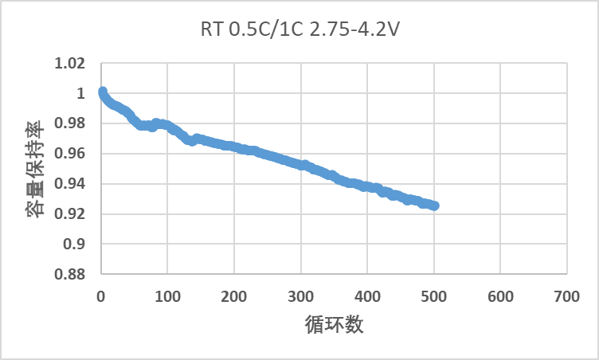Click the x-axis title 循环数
[333, 326]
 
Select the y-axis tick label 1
[81, 94]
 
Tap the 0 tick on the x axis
[101, 295]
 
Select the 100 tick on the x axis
[167, 295]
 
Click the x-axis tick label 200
[234, 295]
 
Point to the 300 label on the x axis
[301, 295]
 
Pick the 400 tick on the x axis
[367, 295]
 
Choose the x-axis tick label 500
[434, 295]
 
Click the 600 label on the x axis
[500, 295]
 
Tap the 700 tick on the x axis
[566, 295]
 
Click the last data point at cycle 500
[434, 205]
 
